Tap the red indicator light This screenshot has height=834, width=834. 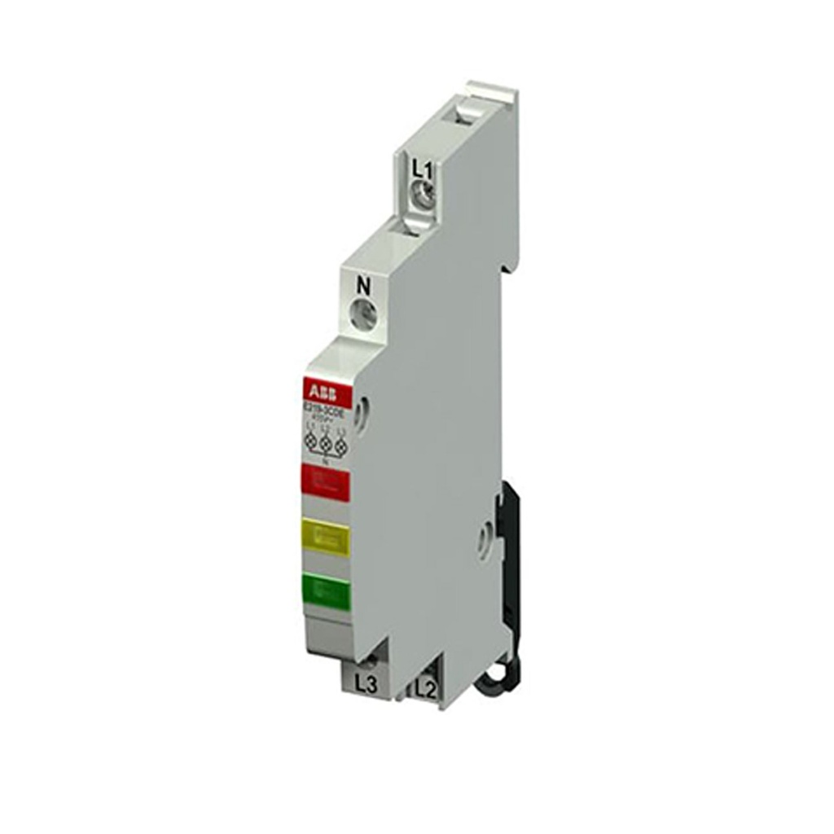(x=326, y=482)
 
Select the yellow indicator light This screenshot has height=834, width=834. (x=325, y=538)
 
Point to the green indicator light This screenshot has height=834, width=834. (x=325, y=590)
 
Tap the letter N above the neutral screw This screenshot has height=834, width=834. (x=364, y=286)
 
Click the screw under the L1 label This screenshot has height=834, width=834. (x=422, y=195)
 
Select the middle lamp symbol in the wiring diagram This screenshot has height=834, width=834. (x=326, y=443)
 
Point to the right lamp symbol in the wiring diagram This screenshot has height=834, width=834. (x=341, y=445)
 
